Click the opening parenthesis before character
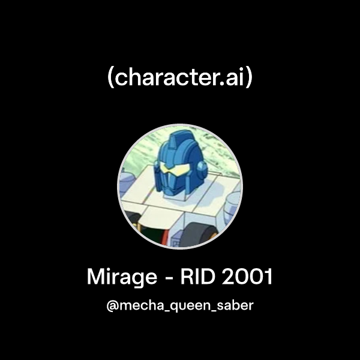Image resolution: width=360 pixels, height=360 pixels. [111, 79]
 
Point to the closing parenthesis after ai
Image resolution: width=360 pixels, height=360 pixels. [248, 79]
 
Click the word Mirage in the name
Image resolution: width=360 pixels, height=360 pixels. [123, 277]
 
